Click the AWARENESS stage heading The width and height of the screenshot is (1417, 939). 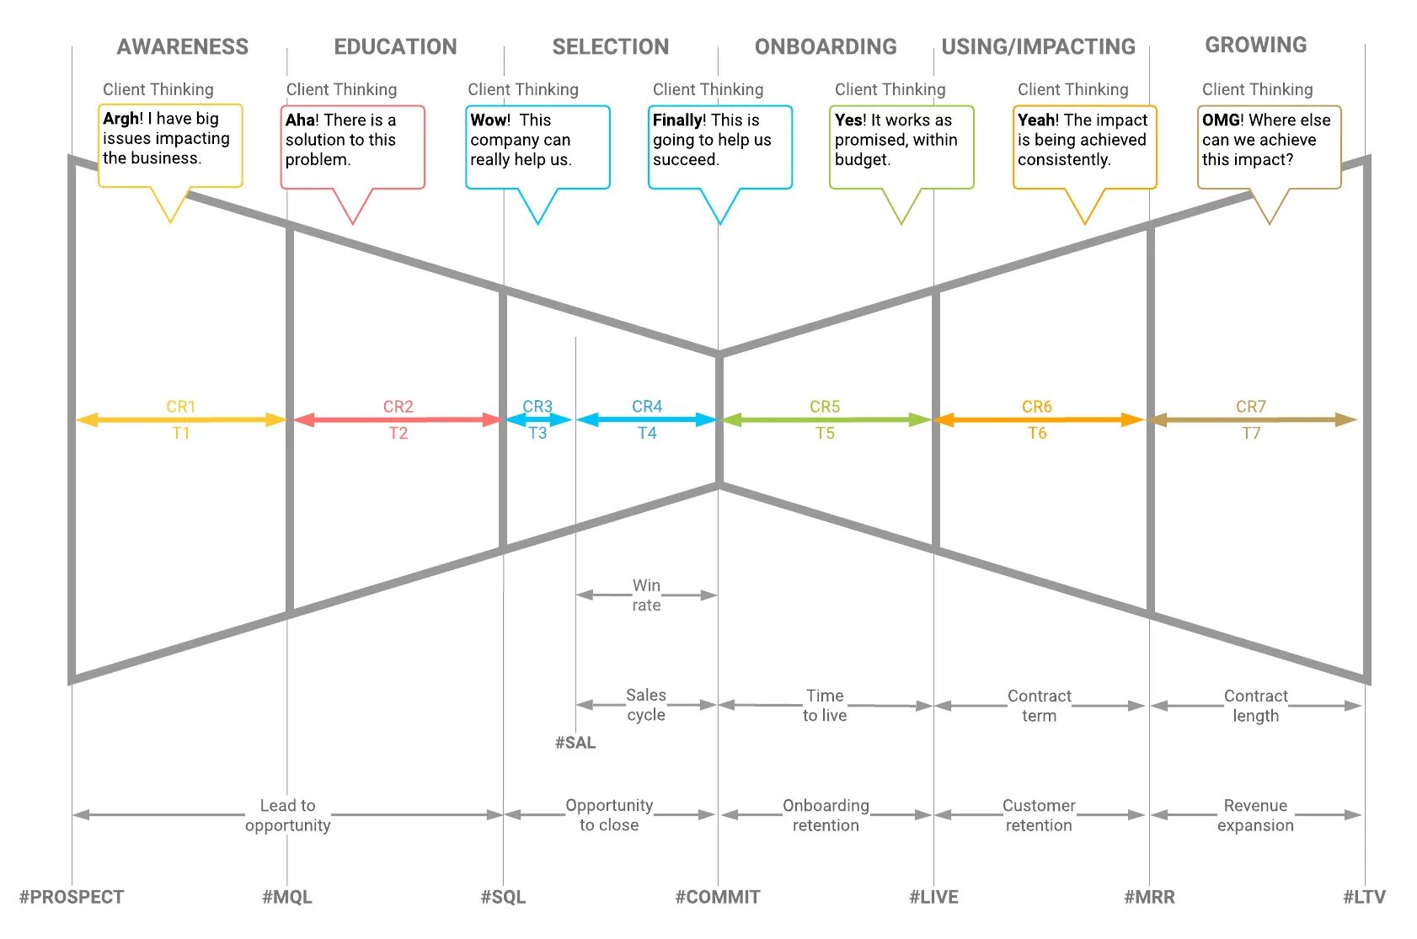pyautogui.click(x=183, y=47)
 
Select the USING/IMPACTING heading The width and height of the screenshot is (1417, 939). pyautogui.click(x=1038, y=47)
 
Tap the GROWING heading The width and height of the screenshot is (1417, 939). pyautogui.click(x=1255, y=45)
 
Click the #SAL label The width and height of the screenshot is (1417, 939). pyautogui.click(x=575, y=743)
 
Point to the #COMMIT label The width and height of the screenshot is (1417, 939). pyautogui.click(x=718, y=897)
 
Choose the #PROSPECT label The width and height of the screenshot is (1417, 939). pyautogui.click(x=72, y=897)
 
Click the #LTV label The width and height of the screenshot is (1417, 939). pyautogui.click(x=1364, y=897)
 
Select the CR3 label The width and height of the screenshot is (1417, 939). pyautogui.click(x=537, y=407)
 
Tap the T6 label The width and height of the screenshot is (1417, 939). pyautogui.click(x=1037, y=433)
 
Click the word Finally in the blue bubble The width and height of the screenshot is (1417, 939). pyautogui.click(x=678, y=120)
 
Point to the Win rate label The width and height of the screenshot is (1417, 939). pyautogui.click(x=646, y=595)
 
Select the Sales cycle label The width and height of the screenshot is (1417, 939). pyautogui.click(x=646, y=705)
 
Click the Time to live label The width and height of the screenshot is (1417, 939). pyautogui.click(x=825, y=706)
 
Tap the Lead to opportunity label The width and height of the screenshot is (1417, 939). pyautogui.click(x=288, y=815)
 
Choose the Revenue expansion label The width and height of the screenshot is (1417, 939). pyautogui.click(x=1255, y=815)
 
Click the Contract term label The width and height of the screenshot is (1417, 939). pyautogui.click(x=1039, y=706)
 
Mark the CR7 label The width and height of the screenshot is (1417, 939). pyautogui.click(x=1251, y=407)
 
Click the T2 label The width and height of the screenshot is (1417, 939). pyautogui.click(x=398, y=433)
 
